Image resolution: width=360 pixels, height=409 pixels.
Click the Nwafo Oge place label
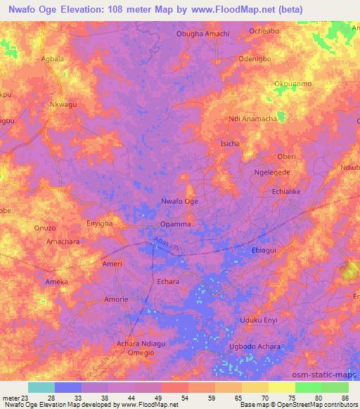pyautogui.click(x=180, y=202)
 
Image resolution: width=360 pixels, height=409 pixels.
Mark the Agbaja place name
pyautogui.click(x=53, y=59)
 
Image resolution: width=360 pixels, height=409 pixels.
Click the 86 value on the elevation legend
pyautogui.click(x=344, y=398)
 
